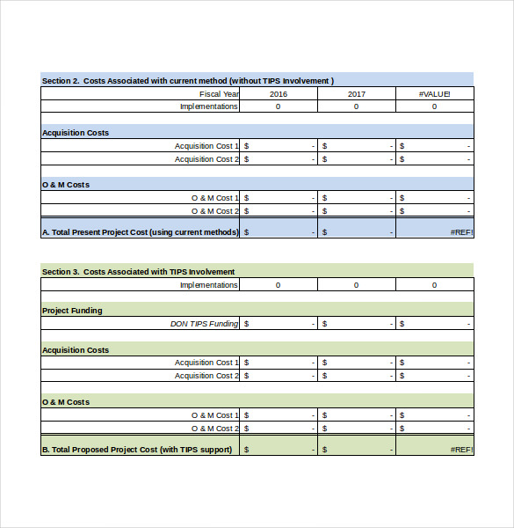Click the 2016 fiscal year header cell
tap(278, 94)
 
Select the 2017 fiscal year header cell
tap(356, 94)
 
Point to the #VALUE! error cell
tap(434, 94)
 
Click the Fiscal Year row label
tap(219, 94)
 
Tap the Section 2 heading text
tap(187, 81)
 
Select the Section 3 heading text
tap(138, 272)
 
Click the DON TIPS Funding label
tap(204, 324)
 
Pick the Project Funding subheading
tap(72, 311)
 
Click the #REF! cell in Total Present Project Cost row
tap(461, 232)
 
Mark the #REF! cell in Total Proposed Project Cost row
tap(461, 450)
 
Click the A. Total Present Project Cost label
tap(141, 232)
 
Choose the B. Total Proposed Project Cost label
tap(137, 450)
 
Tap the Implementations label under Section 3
tap(208, 285)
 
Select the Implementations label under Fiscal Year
tap(208, 106)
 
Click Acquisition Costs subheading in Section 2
tap(76, 133)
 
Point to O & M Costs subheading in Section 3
tap(66, 402)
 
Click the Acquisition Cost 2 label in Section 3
tap(206, 376)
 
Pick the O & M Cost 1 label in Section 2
tap(214, 198)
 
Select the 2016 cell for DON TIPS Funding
tap(278, 324)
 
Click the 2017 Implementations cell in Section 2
tap(356, 106)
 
